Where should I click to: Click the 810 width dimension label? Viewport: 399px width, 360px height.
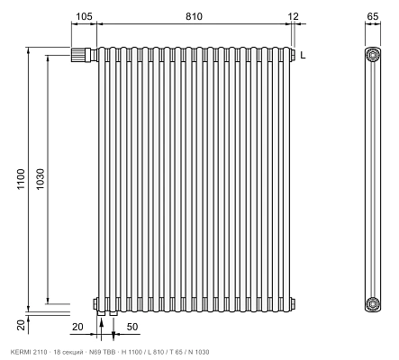(194, 16)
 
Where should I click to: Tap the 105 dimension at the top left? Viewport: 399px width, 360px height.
(84, 16)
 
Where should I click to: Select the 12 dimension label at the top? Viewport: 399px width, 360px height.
(294, 16)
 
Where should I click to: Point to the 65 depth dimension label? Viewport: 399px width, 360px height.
(373, 16)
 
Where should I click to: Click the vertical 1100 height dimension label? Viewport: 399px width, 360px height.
(21, 179)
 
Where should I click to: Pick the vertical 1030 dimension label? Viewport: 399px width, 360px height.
(40, 179)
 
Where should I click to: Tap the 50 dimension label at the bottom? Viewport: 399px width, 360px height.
(132, 327)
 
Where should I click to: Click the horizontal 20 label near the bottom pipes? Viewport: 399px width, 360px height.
(77, 327)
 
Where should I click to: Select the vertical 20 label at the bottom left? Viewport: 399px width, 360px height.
(21, 325)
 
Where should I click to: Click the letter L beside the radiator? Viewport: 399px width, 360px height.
(303, 55)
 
